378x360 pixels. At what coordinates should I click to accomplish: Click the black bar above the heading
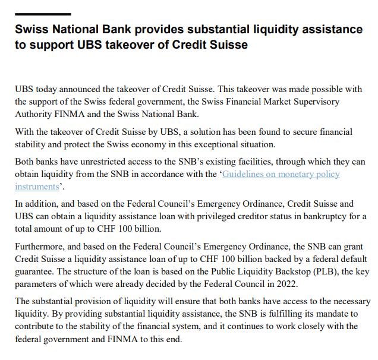(x=43, y=14)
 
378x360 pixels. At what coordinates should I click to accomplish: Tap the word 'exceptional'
(x=210, y=144)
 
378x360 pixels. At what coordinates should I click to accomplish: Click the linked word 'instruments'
(x=37, y=187)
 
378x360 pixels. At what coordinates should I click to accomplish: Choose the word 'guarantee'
(x=35, y=271)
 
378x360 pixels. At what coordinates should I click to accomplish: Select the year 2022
(x=285, y=284)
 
